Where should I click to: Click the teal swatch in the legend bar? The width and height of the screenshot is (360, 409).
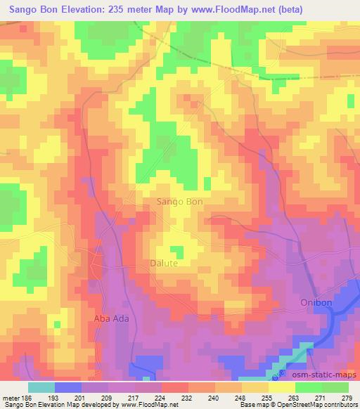pyautogui.click(x=41, y=387)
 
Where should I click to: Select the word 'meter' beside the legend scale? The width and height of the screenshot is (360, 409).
pyautogui.click(x=11, y=397)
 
